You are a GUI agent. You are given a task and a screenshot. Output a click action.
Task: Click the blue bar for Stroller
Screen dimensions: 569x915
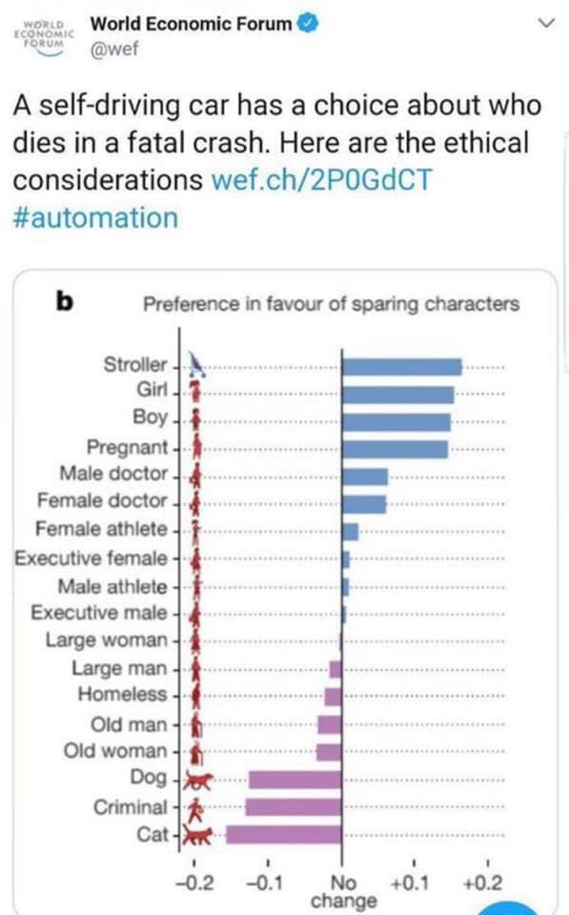[x=401, y=367]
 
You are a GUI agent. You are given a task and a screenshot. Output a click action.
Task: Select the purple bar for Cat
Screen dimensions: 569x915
[x=284, y=835]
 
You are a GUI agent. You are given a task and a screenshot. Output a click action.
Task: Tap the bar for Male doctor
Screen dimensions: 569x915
[x=365, y=477]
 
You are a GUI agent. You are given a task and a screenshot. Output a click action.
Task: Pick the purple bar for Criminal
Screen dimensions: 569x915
[x=294, y=807]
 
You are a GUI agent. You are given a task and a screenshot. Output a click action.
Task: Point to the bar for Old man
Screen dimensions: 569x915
[x=330, y=724]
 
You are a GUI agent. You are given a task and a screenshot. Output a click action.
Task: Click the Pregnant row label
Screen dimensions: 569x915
[x=127, y=447]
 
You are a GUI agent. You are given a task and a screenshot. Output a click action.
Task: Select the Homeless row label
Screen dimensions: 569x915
[x=123, y=694]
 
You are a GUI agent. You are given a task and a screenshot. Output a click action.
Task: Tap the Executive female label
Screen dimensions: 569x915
[x=91, y=558]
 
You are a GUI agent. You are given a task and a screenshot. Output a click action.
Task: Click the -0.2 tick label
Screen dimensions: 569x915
[x=195, y=883]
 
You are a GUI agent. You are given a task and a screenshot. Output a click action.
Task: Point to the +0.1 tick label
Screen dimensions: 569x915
[x=410, y=883]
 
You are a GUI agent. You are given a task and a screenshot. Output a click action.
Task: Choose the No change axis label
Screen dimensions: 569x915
[x=343, y=892]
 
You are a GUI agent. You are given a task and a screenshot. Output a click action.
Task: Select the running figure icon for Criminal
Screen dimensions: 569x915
[x=196, y=808]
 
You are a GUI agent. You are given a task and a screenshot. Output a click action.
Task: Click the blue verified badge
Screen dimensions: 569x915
[x=309, y=24]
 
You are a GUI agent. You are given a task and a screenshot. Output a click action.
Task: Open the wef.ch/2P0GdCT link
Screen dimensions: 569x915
[x=321, y=180]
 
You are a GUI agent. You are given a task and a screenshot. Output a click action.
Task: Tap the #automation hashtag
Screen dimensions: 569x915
[x=95, y=218]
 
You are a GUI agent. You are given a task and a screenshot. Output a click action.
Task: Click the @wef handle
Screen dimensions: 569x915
[x=114, y=49]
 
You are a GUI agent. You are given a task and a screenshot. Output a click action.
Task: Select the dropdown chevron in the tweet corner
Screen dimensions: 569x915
[x=546, y=23]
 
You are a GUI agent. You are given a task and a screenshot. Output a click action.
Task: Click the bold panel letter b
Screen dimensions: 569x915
[x=65, y=301]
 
